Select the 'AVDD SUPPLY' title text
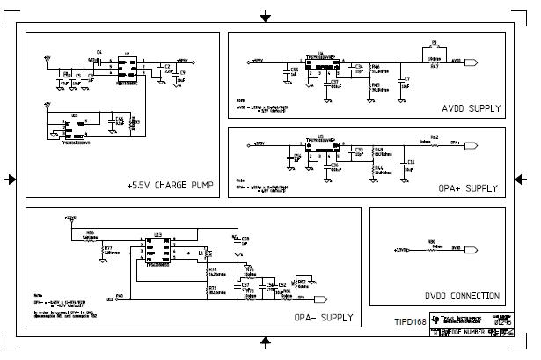click(472, 109)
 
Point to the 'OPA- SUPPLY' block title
click(324, 317)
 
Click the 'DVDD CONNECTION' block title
click(461, 296)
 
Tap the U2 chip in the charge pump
click(128, 66)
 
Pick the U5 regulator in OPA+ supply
click(321, 150)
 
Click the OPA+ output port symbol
click(472, 143)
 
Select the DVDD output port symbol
click(472, 250)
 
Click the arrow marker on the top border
click(265, 16)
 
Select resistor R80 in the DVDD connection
click(431, 249)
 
